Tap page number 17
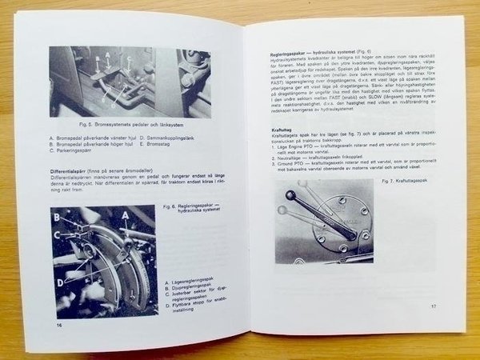433,306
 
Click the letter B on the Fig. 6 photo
57,216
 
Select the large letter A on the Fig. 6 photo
127,216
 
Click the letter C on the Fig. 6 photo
58,235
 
